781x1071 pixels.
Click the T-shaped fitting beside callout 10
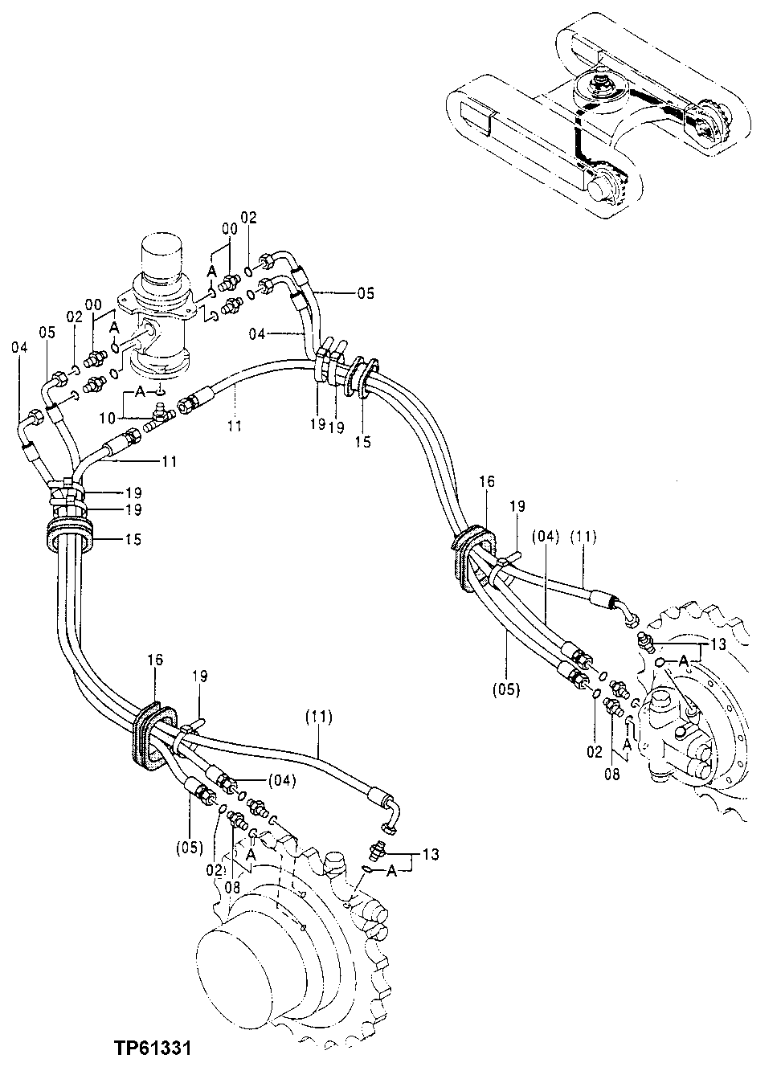[162, 415]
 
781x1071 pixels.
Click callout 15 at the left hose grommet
[133, 539]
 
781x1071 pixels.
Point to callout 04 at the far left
[19, 347]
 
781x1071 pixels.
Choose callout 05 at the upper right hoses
[366, 293]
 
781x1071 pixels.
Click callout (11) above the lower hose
[320, 714]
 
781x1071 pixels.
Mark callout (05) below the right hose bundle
[508, 688]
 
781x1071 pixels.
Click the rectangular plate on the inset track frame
[475, 117]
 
